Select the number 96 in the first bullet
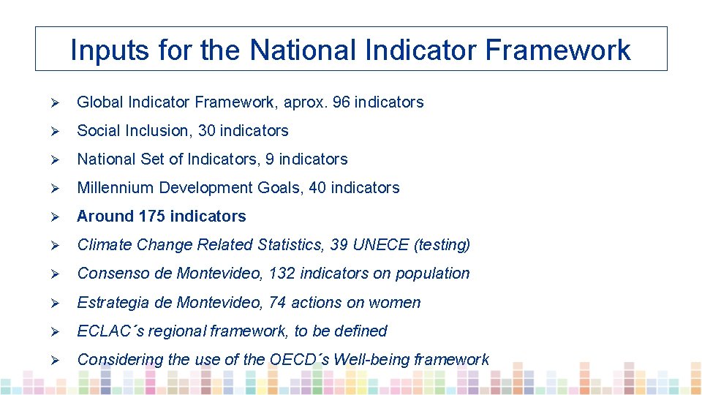341,102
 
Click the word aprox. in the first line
304,102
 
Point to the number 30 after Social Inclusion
207,131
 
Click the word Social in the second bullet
99,131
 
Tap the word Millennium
116,188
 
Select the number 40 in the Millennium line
317,188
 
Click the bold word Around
105,217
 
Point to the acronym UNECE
380,245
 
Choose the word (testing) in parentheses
442,245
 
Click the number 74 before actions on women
278,303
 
